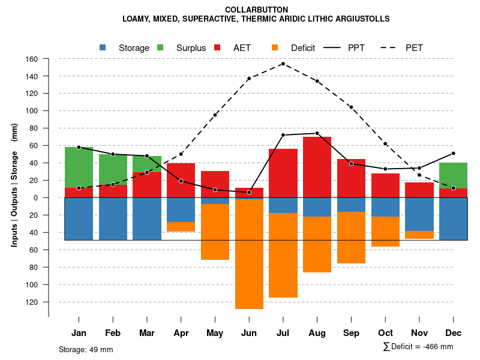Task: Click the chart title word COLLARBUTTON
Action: click(256, 10)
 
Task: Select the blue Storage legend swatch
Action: click(103, 47)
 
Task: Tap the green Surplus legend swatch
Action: click(160, 47)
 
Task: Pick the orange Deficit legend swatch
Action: click(275, 47)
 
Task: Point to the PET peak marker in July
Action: click(283, 64)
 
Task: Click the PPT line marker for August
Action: click(317, 133)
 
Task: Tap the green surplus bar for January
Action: click(79, 167)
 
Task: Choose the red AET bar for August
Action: click(317, 167)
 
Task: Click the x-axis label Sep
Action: click(351, 333)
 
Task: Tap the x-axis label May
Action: click(215, 333)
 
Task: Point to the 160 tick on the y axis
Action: click(32, 59)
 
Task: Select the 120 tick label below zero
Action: click(32, 302)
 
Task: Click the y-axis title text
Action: click(14, 185)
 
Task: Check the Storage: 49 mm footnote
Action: click(86, 349)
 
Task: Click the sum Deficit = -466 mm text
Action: click(418, 346)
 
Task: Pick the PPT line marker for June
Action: click(249, 192)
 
